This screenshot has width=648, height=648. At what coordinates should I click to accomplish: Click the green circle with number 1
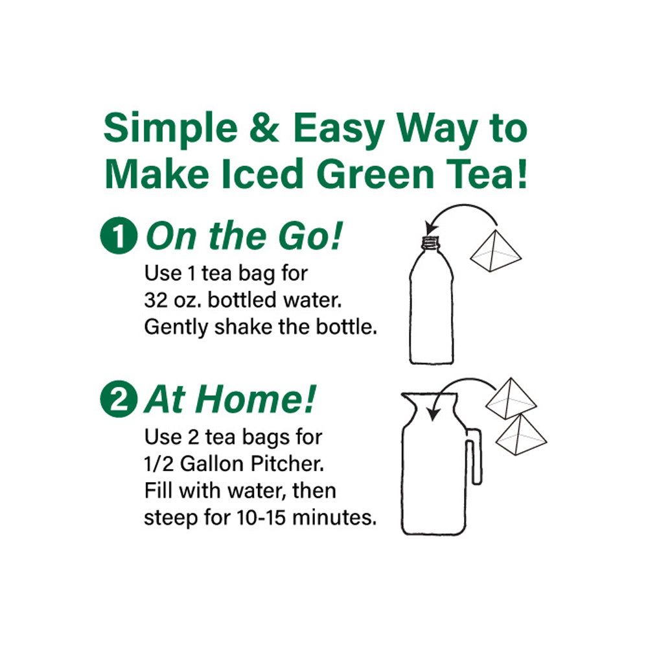pyautogui.click(x=119, y=235)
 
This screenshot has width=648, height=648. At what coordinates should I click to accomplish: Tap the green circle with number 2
pyautogui.click(x=119, y=399)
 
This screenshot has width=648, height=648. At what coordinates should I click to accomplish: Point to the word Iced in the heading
pyautogui.click(x=262, y=174)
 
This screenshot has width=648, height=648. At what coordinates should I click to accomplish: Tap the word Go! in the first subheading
pyautogui.click(x=310, y=236)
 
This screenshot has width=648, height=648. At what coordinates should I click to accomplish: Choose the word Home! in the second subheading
pyautogui.click(x=259, y=399)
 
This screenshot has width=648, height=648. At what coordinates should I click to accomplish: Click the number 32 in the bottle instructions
pyautogui.click(x=155, y=300)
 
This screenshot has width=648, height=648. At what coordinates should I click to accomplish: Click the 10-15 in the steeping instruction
pyautogui.click(x=261, y=517)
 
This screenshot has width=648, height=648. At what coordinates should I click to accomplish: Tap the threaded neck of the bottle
pyautogui.click(x=431, y=242)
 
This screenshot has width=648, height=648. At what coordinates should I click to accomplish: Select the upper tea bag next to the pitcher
pyautogui.click(x=511, y=398)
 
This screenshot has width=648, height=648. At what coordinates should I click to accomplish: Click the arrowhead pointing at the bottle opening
pyautogui.click(x=431, y=227)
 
